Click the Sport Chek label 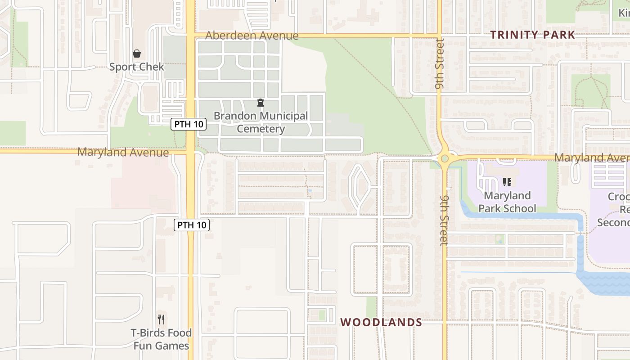tap(137, 67)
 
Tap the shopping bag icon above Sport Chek tap(137, 54)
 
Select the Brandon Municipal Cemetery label tap(261, 122)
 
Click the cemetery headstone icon tap(260, 103)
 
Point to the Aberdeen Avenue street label tap(252, 36)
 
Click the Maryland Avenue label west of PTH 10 tap(123, 152)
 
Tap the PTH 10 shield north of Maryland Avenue tap(189, 124)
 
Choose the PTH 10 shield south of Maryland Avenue tap(192, 225)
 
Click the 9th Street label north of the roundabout tap(440, 63)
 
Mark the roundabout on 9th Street tap(445, 158)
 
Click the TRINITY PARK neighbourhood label tap(532, 35)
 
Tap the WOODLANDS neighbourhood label tap(381, 322)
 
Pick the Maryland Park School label tap(507, 202)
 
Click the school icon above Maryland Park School tap(507, 182)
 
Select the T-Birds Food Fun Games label tap(161, 339)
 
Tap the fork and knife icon tap(161, 319)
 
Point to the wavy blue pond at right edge tap(605, 283)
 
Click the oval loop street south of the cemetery tap(360, 188)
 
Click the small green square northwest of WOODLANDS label tap(322, 315)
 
